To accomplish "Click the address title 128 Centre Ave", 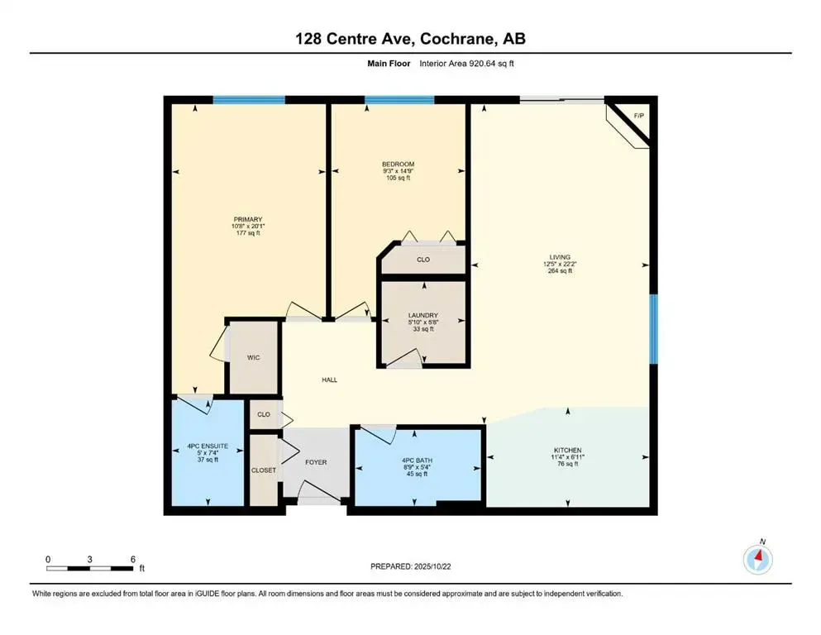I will [x=410, y=39].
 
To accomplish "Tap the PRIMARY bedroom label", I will [x=247, y=220].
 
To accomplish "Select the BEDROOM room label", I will [x=399, y=164].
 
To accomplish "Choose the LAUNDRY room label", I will [x=422, y=315].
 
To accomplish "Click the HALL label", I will [x=329, y=380].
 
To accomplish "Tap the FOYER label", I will [x=315, y=462].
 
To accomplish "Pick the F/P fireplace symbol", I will [x=637, y=115].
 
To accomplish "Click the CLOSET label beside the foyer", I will [x=264, y=470].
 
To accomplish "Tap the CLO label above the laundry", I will [x=422, y=260].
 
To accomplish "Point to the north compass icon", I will [x=757, y=560].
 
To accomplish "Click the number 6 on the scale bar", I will [x=132, y=560].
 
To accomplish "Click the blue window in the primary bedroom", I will [x=249, y=100].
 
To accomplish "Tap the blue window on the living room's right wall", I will [x=653, y=329].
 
